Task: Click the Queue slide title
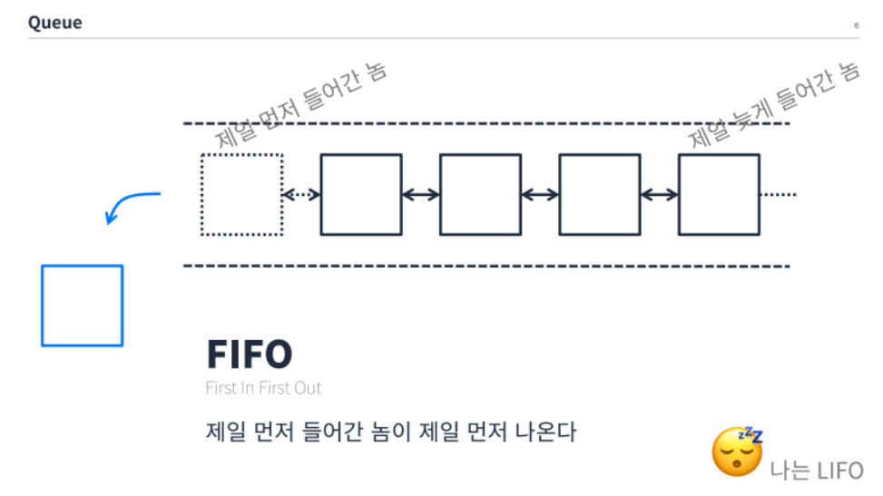54,23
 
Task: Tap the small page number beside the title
856,25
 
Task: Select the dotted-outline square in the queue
241,194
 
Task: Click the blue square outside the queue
82,306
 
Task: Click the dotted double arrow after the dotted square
301,194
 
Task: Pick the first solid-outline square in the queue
361,194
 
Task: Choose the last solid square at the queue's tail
719,194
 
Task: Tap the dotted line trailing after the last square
779,194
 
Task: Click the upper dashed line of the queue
486,123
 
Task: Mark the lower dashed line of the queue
486,266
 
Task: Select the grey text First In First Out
263,388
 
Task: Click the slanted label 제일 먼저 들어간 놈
301,104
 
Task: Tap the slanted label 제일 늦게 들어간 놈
773,106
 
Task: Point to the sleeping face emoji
736,452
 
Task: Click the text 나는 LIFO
817,470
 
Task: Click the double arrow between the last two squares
659,194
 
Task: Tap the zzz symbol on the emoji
751,435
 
